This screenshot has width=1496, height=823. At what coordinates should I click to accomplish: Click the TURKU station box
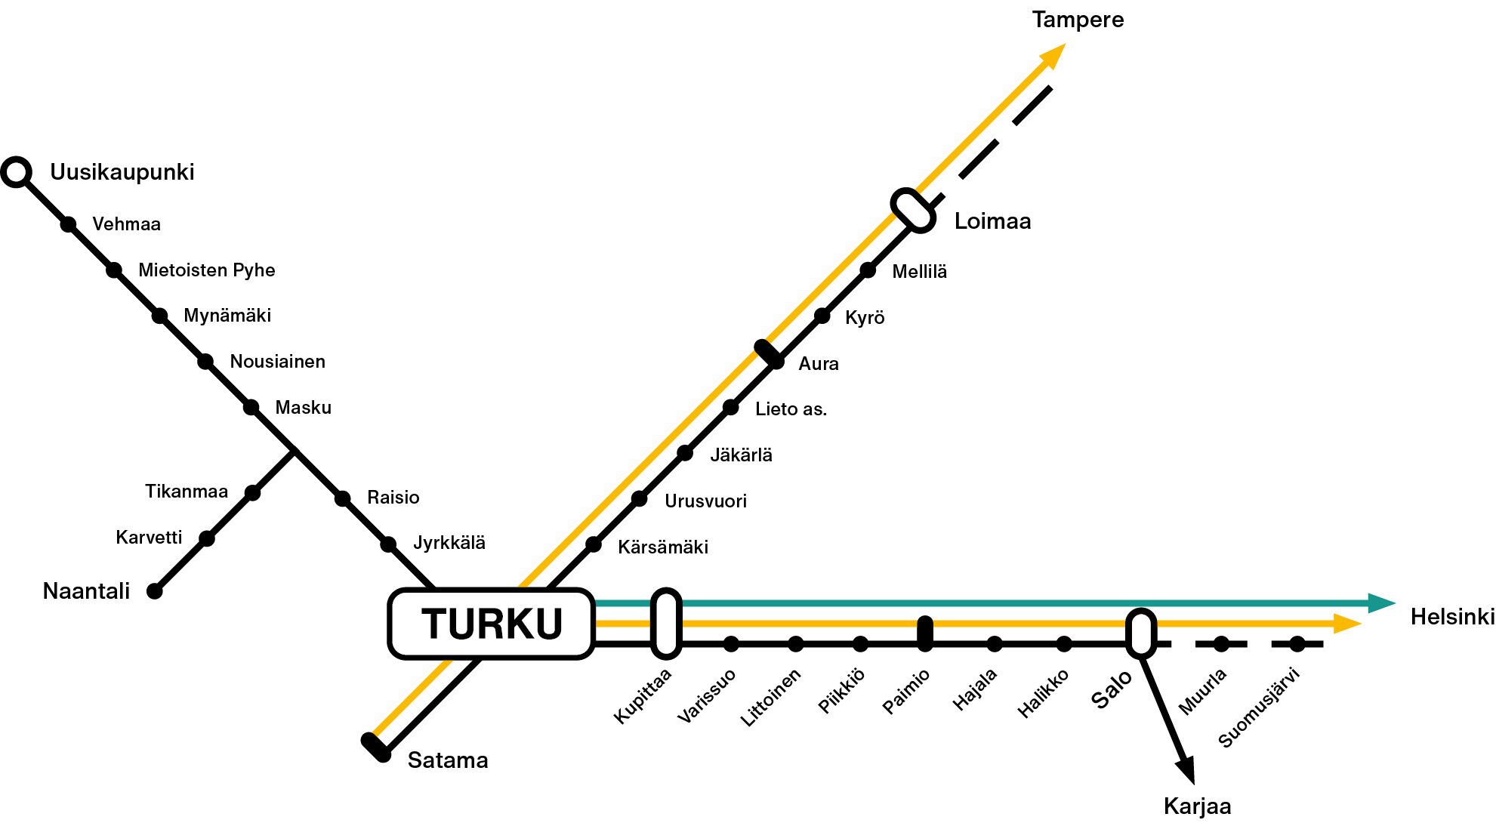pos(492,624)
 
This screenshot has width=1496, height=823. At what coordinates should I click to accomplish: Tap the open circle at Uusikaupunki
pos(16,172)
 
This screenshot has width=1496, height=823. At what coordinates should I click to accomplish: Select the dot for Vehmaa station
pos(68,224)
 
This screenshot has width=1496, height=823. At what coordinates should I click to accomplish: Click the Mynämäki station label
pos(227,316)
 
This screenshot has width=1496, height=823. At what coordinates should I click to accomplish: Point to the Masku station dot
pos(251,408)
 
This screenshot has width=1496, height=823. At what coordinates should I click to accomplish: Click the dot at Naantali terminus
pos(155,591)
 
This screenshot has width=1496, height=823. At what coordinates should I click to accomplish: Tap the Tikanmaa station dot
pos(253,493)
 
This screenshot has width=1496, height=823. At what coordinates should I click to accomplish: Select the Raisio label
pos(393,498)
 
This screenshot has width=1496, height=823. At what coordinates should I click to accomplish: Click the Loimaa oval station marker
pos(913,210)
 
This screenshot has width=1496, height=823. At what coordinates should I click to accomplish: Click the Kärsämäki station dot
pos(594,544)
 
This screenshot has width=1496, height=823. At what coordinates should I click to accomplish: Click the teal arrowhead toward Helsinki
pos(1381,603)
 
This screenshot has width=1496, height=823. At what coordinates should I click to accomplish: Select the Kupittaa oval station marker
pos(666,624)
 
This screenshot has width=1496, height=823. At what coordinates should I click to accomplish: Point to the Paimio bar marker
pos(925,633)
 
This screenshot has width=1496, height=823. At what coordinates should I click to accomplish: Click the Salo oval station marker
pos(1141,633)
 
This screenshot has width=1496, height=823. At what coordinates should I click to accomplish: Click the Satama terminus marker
pos(376,747)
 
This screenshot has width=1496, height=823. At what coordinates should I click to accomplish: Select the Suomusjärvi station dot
pos(1297,644)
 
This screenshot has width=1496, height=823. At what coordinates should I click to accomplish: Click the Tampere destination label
pos(1078,20)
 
